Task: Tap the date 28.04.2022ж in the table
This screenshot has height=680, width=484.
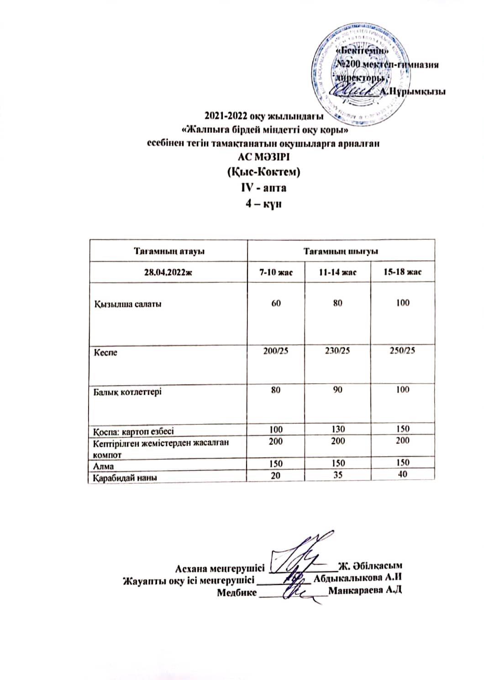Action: coord(168,272)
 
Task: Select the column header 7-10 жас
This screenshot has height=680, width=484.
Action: coord(276,272)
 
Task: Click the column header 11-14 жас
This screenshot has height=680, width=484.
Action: coord(338,272)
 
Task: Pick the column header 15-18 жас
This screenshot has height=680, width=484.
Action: coord(403,272)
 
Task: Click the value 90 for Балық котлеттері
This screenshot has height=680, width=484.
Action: coord(338,390)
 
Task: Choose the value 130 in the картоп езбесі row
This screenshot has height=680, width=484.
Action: coord(338,429)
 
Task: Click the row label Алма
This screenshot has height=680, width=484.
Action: coord(104,466)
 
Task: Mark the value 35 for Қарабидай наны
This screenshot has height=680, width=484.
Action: coord(338,475)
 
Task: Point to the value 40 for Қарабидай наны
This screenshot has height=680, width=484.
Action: coord(403,474)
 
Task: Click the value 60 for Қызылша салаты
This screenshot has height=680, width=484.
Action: coord(276,303)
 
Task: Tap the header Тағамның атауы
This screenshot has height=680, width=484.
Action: coord(168,251)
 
